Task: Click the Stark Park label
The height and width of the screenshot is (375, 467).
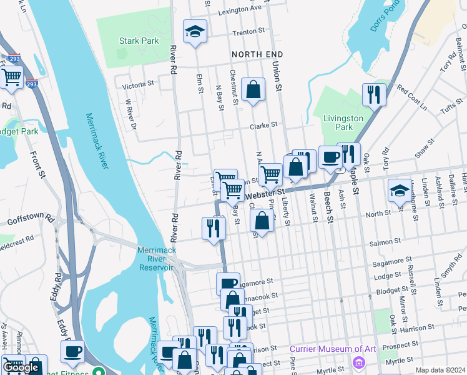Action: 139,41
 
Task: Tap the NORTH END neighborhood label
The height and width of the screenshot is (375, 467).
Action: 253,55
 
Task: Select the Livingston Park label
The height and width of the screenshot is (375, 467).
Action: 343,122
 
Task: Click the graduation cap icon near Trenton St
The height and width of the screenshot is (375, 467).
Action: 195,31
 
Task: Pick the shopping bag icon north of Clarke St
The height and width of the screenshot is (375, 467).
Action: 253,89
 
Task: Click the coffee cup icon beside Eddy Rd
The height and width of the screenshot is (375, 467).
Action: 72,351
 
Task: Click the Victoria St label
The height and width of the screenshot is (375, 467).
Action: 138,84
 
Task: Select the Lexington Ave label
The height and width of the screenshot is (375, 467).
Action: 240,10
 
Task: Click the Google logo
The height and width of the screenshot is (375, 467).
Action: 21,367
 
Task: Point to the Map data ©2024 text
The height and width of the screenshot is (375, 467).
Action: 440,370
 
